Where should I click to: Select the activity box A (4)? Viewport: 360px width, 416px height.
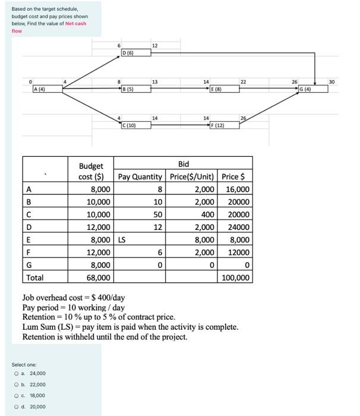click(47, 89)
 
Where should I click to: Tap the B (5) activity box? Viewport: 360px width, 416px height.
click(135, 89)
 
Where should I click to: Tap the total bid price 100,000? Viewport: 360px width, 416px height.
click(236, 278)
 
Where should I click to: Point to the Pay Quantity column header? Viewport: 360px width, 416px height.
click(140, 177)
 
